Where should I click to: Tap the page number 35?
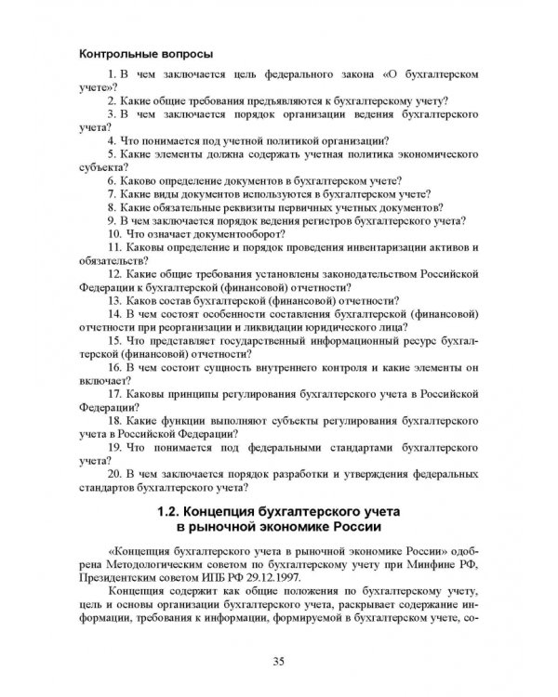[x=279, y=661]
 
